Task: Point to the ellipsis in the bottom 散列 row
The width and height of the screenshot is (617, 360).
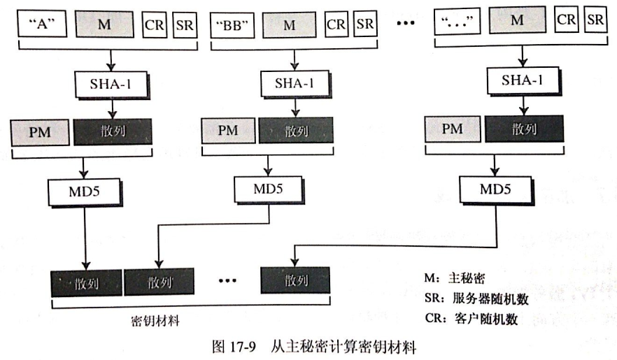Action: click(229, 282)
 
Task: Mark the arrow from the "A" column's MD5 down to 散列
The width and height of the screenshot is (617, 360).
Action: click(85, 238)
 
